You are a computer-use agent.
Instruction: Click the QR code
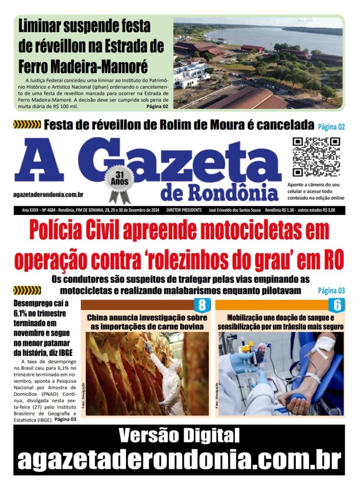coord(316,157)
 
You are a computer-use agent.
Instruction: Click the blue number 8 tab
coord(202,305)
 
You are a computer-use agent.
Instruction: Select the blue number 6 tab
coord(337,305)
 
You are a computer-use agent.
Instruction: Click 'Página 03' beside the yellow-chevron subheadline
coord(331,290)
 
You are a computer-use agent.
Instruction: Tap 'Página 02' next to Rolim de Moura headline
coord(331,127)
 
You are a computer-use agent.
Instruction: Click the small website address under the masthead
coord(49,194)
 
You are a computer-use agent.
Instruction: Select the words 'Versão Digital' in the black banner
coord(179,435)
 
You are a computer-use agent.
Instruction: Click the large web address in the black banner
coord(179,459)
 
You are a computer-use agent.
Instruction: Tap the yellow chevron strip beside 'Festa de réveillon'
coord(27,125)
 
